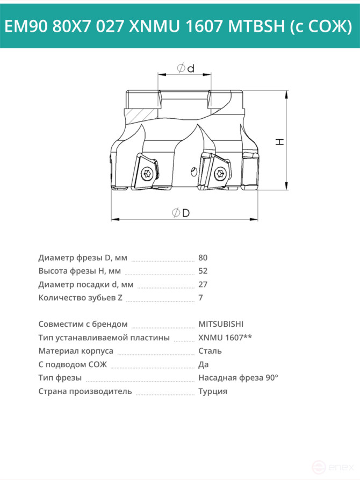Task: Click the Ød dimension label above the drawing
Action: (185, 68)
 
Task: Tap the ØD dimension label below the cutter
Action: (181, 212)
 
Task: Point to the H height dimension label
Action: (280, 142)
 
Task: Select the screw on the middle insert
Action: (220, 173)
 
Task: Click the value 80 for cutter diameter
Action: (203, 258)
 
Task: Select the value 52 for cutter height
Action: (203, 271)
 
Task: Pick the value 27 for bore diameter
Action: (203, 284)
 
